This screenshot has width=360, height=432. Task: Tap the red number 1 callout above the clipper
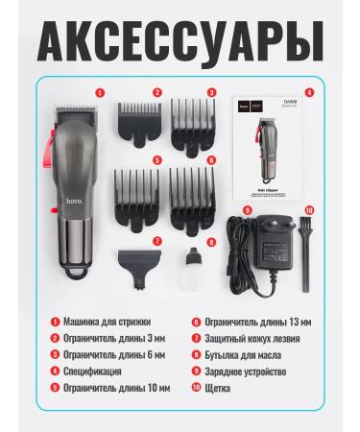99,94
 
